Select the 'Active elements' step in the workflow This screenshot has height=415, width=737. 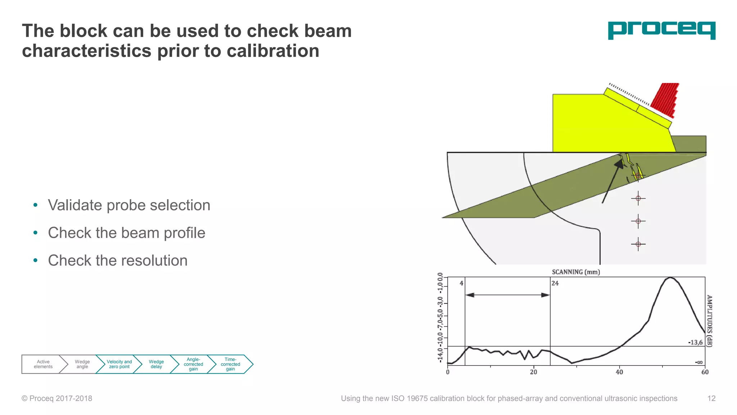(x=43, y=364)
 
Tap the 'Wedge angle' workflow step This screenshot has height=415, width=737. (x=82, y=364)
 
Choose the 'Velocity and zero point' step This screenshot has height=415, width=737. (x=119, y=364)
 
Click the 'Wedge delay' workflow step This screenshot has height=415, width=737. (x=156, y=364)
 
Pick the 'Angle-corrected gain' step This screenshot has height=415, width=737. (x=193, y=364)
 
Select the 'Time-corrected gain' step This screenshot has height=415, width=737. (x=230, y=364)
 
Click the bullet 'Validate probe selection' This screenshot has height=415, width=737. (x=129, y=205)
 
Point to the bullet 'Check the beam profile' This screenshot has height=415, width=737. (x=126, y=233)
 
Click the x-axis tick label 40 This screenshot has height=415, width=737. (x=619, y=372)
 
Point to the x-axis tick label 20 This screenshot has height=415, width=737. (x=533, y=372)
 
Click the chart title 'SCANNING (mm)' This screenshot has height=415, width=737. (x=576, y=272)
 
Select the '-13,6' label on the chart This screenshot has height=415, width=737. (x=695, y=342)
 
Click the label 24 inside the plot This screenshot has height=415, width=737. (x=555, y=284)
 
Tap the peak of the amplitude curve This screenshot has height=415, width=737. (x=670, y=278)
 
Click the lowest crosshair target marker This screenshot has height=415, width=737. (x=638, y=244)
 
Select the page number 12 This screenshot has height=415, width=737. (x=711, y=398)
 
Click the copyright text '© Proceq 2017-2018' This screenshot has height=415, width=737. (x=57, y=398)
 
